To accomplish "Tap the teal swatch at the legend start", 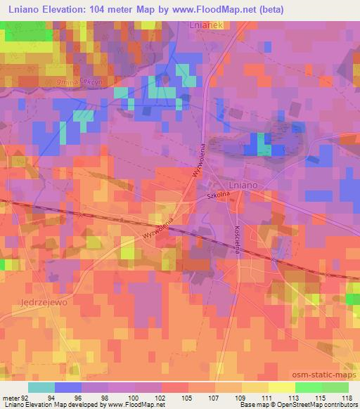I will (x=41, y=387).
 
